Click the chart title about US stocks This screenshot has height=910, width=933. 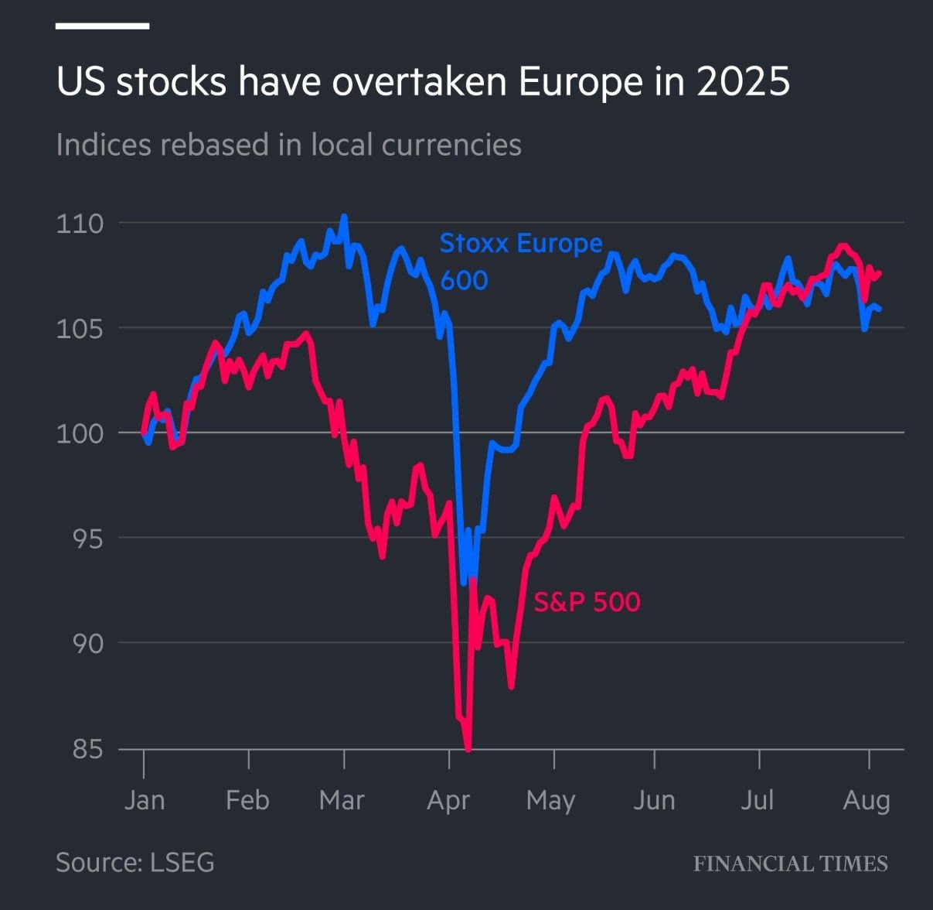[423, 82]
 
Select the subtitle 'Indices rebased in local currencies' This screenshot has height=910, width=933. [288, 145]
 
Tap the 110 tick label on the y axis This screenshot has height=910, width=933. [80, 224]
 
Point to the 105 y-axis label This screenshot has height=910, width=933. [80, 329]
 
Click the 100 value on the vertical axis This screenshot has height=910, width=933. [80, 433]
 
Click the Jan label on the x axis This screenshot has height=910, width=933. [145, 799]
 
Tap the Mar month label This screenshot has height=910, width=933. [342, 799]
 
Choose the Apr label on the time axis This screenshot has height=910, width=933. [448, 799]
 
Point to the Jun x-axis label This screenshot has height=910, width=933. [654, 799]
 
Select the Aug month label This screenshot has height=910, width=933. [867, 799]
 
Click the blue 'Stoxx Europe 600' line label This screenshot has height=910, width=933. [520, 261]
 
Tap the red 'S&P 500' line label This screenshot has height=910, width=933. [587, 601]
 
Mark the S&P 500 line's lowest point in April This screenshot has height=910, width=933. [468, 748]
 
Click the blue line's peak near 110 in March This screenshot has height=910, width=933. [344, 217]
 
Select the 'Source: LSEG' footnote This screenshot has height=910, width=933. [135, 862]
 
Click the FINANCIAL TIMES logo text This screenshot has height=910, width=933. [790, 864]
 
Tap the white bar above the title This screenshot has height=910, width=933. [102, 26]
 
